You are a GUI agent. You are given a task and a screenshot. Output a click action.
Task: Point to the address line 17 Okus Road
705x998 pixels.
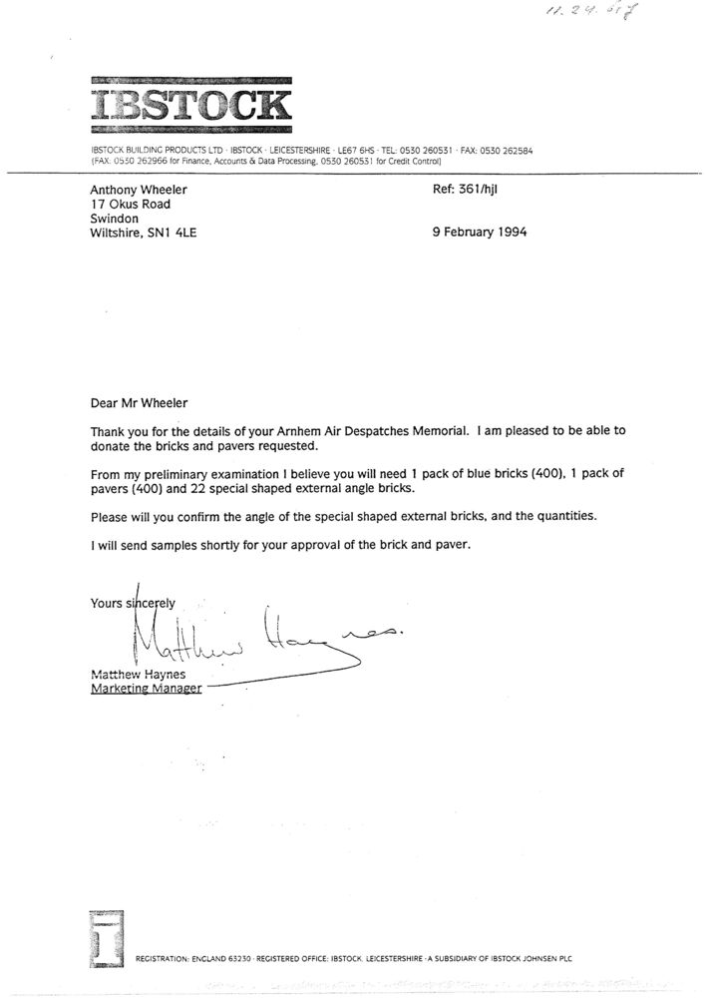click(130, 204)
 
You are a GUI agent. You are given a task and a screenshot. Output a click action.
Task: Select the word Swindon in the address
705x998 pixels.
click(116, 219)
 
